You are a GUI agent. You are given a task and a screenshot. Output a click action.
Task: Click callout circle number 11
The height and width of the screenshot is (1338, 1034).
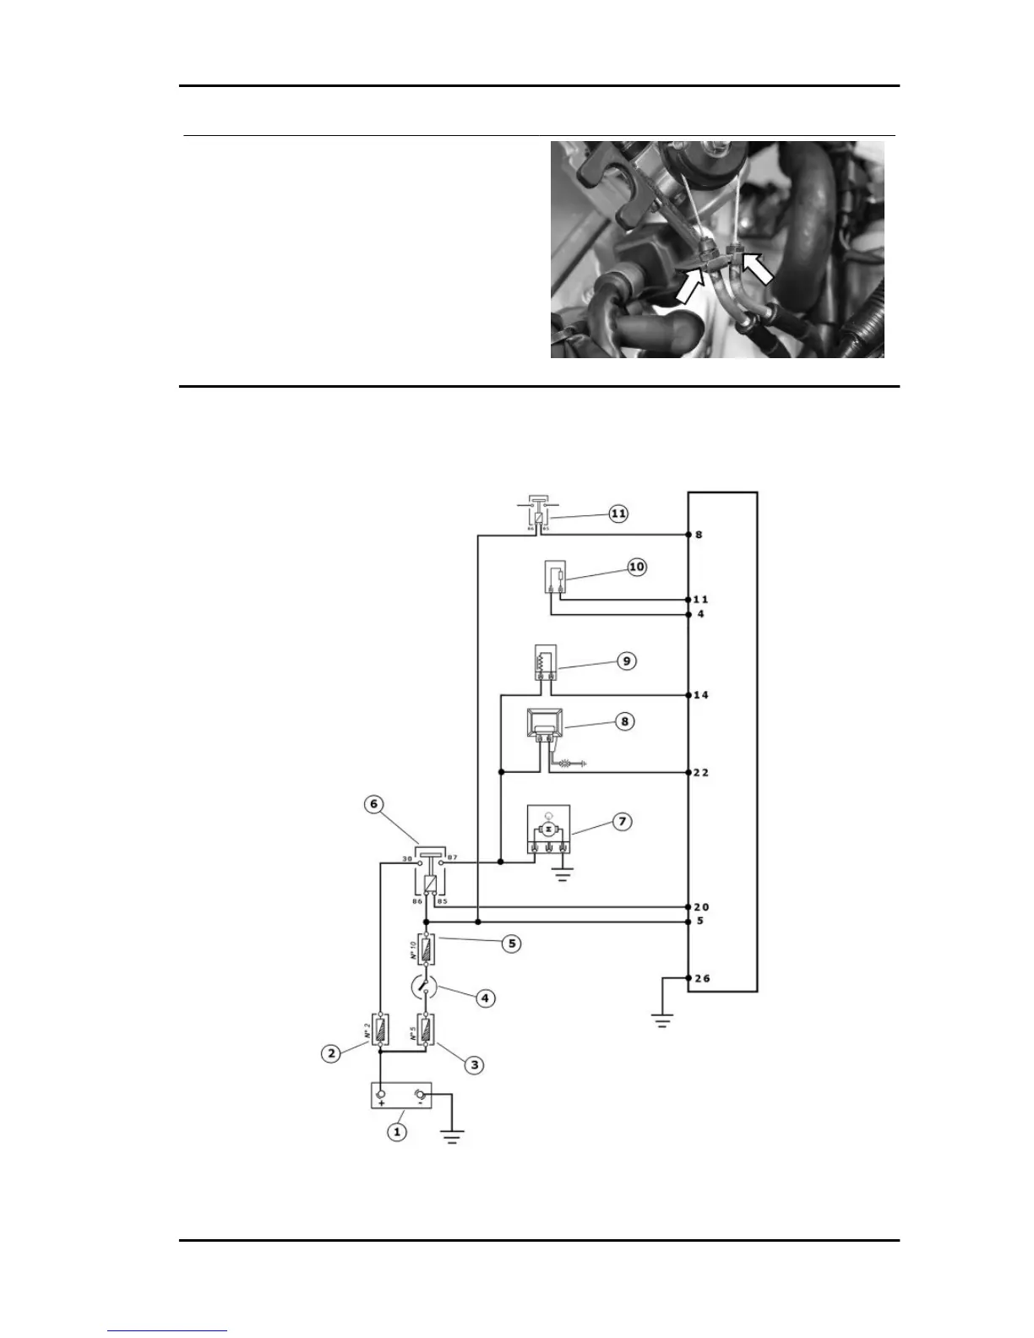[619, 514]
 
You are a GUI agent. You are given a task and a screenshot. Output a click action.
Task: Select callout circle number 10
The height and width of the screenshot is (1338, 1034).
[636, 567]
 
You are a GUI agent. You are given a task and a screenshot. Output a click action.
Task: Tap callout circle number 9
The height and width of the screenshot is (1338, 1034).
[626, 661]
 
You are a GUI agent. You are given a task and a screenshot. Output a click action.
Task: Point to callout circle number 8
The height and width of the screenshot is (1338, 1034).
[624, 721]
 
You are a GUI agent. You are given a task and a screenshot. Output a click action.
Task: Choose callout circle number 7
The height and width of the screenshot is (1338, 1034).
[622, 821]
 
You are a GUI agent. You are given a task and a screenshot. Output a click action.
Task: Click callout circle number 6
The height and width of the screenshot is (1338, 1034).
[374, 804]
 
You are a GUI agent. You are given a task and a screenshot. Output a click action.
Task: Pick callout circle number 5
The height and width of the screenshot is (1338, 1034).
[511, 944]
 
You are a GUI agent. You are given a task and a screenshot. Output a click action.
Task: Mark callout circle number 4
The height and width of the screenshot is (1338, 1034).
[485, 998]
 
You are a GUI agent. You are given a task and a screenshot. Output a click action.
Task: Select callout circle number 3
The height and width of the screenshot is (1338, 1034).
[475, 1065]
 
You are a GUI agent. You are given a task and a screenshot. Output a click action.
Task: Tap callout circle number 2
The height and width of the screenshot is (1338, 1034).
[331, 1053]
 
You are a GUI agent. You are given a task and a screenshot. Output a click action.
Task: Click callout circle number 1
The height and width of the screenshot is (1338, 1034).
[397, 1130]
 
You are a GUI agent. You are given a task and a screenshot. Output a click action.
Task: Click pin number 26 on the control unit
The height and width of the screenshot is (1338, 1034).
[701, 979]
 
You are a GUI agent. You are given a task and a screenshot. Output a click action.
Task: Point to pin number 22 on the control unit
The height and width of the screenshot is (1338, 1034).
[701, 773]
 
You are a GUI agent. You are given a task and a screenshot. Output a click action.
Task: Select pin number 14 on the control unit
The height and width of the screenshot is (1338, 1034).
[701, 695]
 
